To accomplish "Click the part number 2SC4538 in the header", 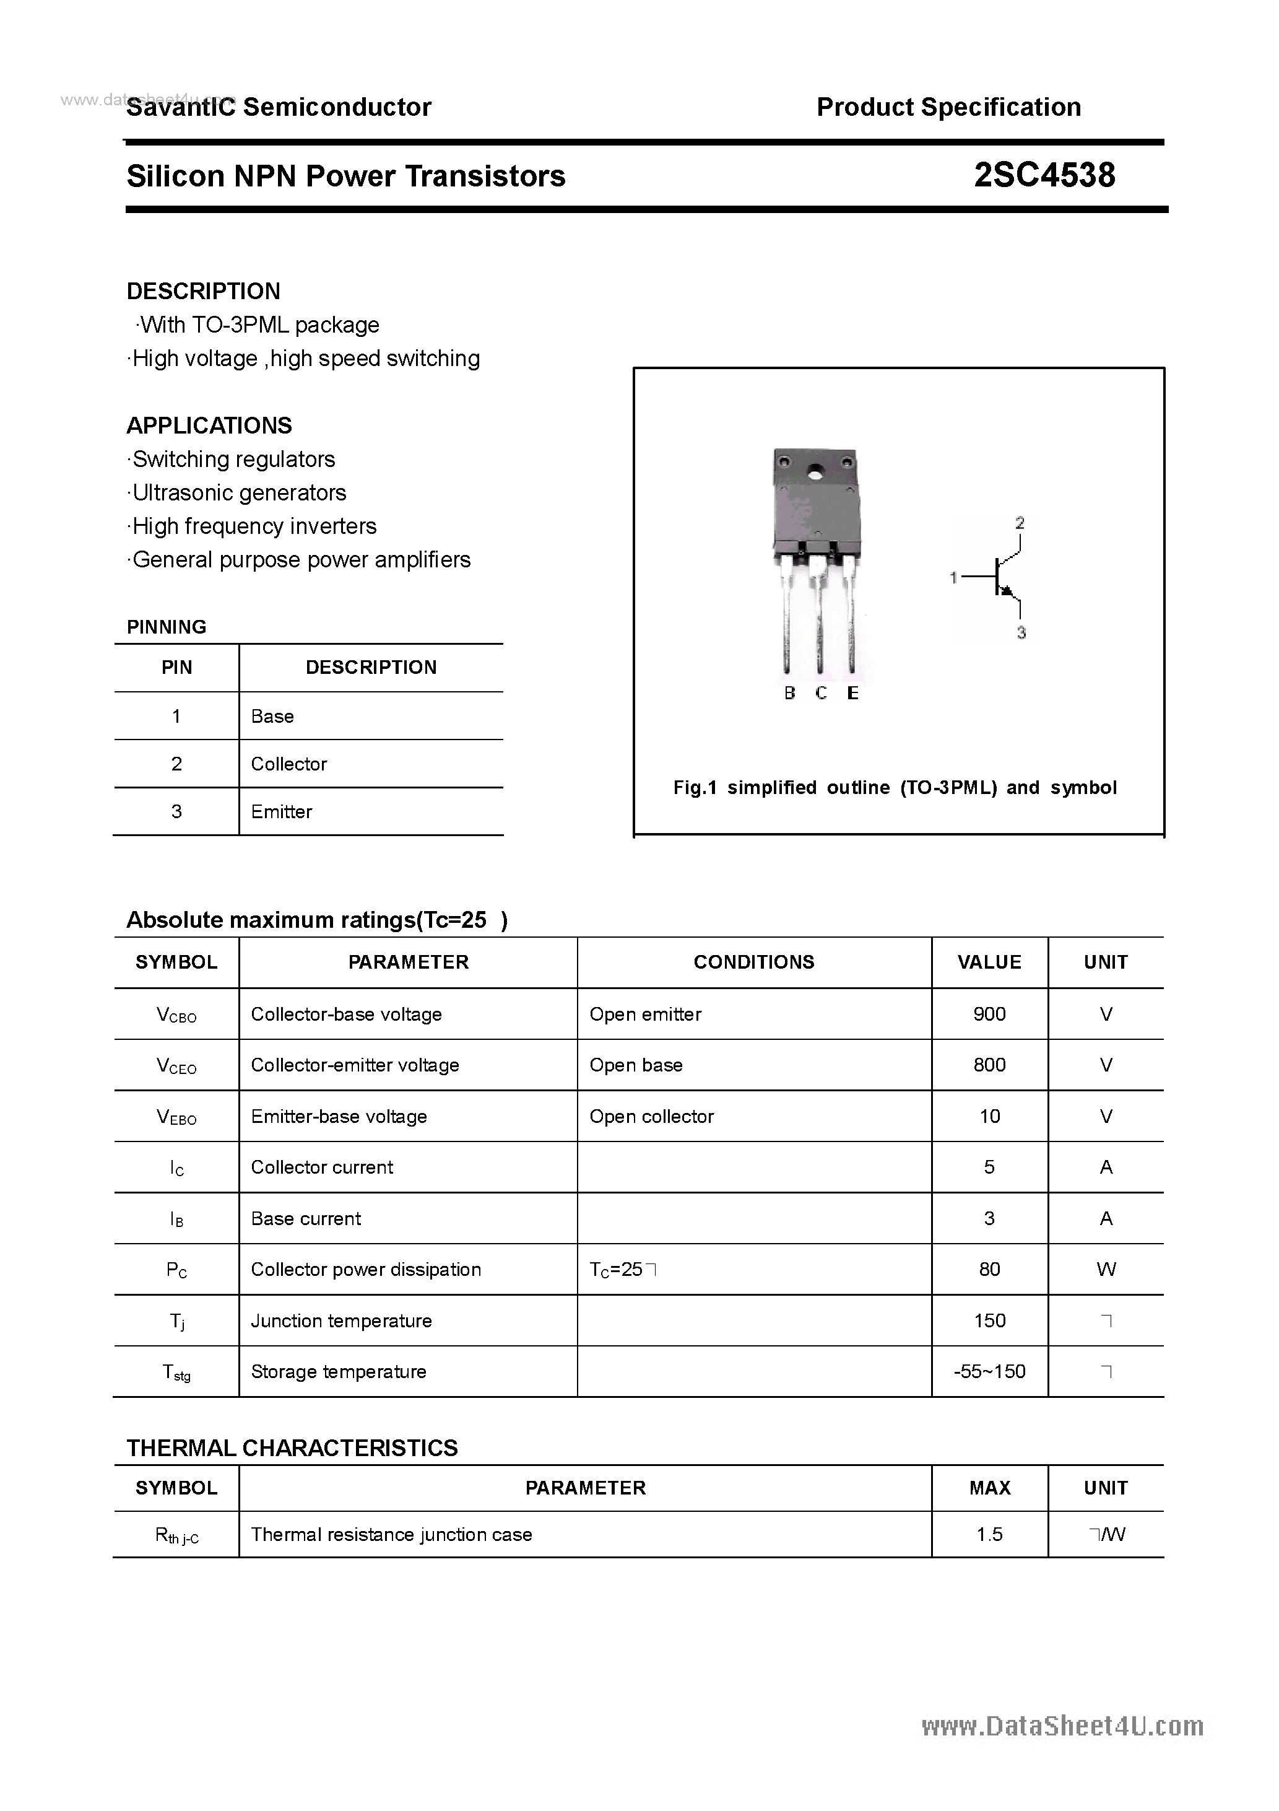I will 1044,175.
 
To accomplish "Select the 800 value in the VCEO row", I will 989,1065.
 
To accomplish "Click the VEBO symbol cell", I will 176,1117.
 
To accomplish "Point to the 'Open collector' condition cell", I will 651,1116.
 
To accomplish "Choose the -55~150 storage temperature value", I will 989,1372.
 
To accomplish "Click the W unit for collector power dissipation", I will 1106,1269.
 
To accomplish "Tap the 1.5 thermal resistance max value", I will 989,1534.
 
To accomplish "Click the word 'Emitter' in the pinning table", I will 282,811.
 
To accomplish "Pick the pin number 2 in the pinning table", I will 176,764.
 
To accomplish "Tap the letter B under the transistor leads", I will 789,692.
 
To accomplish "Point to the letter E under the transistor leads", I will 852,692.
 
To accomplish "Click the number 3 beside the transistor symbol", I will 1021,632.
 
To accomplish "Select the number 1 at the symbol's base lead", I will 953,578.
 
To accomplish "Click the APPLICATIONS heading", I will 209,426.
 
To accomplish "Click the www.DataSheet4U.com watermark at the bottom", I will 1062,1727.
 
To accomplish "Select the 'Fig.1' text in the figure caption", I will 694,787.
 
